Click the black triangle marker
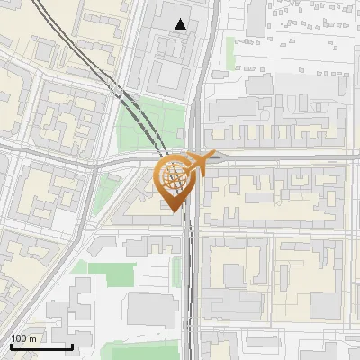182,24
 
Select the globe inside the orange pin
175,176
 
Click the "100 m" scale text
25,337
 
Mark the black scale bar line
41,346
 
